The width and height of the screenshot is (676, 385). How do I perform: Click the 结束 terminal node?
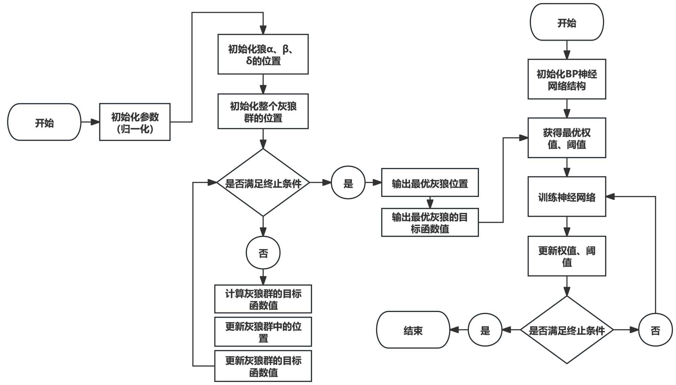[413, 330]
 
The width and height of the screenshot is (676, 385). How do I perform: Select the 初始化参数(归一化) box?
[135, 122]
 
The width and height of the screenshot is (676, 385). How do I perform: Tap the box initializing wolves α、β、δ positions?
[263, 54]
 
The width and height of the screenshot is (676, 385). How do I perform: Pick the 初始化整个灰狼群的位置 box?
[263, 112]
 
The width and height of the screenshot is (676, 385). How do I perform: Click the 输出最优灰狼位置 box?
[430, 183]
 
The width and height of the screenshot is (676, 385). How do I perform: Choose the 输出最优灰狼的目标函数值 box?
[430, 222]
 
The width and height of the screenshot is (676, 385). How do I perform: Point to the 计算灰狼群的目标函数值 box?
[263, 299]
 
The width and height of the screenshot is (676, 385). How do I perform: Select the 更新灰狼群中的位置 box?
[263, 332]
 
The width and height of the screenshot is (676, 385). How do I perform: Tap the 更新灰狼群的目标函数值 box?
[263, 366]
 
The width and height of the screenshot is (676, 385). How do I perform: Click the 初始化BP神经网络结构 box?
[566, 79]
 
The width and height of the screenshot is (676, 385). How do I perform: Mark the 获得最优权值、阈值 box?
[566, 138]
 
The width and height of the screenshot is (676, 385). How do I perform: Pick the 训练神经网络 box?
[566, 197]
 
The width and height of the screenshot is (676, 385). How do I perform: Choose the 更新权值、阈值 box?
[566, 256]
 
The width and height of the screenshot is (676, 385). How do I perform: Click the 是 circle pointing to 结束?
[485, 330]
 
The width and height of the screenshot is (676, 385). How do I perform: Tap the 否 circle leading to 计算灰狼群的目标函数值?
[263, 253]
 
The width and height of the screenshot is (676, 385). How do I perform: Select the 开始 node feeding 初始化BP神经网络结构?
[566, 22]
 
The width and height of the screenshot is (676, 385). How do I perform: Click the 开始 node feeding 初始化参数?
[44, 122]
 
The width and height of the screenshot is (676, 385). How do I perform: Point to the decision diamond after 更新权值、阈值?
[566, 330]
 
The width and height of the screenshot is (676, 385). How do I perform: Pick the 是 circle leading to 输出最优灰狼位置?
[348, 183]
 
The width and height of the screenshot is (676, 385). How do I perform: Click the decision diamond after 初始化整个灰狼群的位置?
[263, 183]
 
